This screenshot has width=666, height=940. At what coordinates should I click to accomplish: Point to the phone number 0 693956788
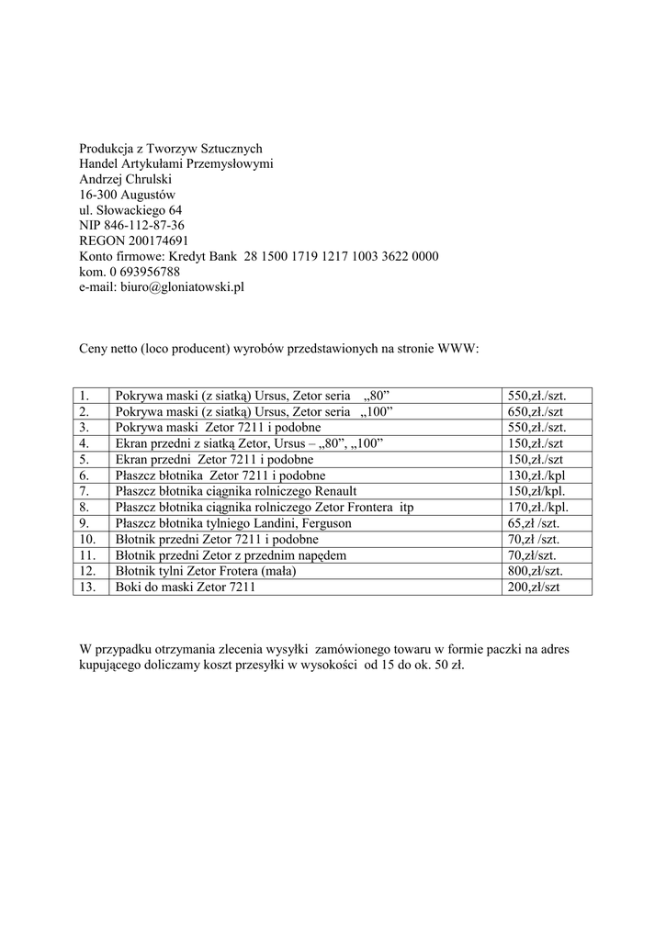pyautogui.click(x=143, y=272)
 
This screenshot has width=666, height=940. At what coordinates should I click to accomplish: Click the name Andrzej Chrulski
pyautogui.click(x=119, y=178)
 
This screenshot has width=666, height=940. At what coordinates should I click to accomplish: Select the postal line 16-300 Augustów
pyautogui.click(x=127, y=194)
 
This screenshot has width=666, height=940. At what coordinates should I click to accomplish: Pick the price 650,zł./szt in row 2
pyautogui.click(x=536, y=411)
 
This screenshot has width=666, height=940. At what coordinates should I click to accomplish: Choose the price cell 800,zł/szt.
pyautogui.click(x=536, y=571)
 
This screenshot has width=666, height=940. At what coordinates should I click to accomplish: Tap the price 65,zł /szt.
pyautogui.click(x=534, y=523)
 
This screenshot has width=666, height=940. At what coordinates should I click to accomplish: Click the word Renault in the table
pyautogui.click(x=335, y=491)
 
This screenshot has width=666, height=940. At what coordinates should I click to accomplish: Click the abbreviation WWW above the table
pyautogui.click(x=457, y=350)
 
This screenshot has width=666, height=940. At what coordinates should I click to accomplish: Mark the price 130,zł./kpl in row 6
pyautogui.click(x=536, y=476)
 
